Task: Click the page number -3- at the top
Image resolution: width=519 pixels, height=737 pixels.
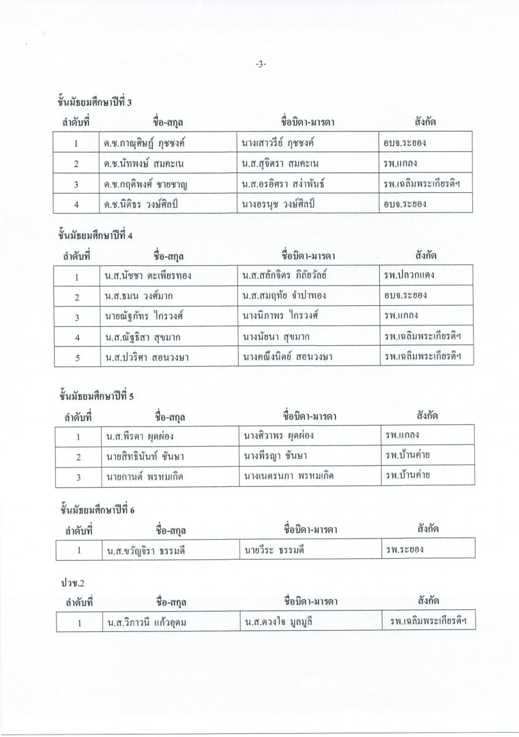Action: (x=259, y=63)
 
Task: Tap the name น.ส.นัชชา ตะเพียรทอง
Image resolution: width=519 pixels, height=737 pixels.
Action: (x=147, y=276)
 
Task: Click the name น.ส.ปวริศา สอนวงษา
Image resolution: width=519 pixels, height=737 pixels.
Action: (x=145, y=357)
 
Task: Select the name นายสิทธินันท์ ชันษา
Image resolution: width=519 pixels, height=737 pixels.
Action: (x=145, y=456)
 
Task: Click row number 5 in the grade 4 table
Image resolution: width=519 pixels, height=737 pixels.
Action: (x=78, y=357)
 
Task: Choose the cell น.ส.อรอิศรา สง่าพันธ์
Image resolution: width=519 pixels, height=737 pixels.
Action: (x=283, y=184)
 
